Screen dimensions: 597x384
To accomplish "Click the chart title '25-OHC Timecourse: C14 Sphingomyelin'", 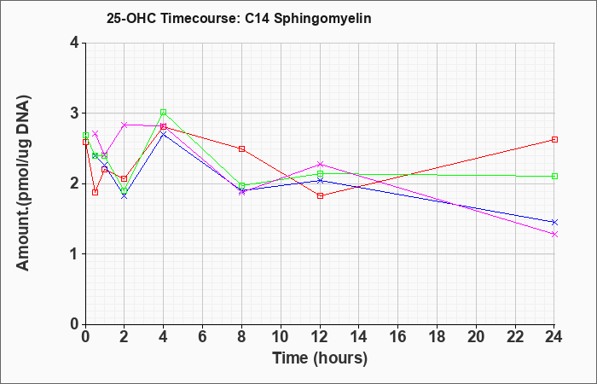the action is point(239,18).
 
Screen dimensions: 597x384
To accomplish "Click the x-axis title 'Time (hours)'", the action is point(320,358).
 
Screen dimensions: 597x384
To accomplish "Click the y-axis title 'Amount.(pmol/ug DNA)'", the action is point(23,183).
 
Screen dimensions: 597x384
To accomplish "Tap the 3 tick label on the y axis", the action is point(74,113).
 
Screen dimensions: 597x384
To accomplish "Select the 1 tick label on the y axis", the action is point(74,254).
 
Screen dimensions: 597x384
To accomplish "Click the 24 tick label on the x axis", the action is point(554,336).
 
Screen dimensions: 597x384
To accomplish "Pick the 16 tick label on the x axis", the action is point(398,336).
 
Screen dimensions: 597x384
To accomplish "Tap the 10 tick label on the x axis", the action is point(281,336).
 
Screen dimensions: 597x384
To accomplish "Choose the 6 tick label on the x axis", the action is point(202,336).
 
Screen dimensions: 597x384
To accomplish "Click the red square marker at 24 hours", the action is point(554,139).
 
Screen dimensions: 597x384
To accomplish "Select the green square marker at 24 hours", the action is point(554,176).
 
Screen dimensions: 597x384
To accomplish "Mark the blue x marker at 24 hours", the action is point(554,222).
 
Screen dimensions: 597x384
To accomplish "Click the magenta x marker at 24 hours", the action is point(554,235).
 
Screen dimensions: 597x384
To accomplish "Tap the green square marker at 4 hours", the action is point(164,112).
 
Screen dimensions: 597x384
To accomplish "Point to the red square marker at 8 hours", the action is point(241,148).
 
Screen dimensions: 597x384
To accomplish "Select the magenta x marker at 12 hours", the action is point(320,164).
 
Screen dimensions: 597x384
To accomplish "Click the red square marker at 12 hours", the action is point(320,195).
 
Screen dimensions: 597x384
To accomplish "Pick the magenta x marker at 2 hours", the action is point(125,125).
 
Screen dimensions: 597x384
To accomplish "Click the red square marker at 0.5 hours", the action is point(96,192).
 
